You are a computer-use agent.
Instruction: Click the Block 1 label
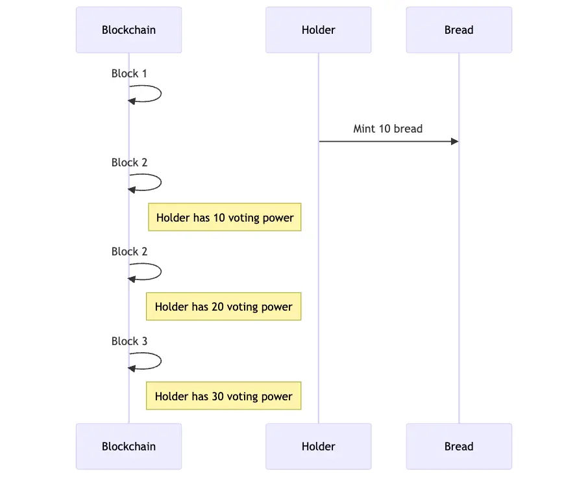tap(129, 73)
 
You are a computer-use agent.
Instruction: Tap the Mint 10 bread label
tap(387, 129)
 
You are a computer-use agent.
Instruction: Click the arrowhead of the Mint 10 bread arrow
tap(454, 141)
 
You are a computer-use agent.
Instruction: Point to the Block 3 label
tap(129, 341)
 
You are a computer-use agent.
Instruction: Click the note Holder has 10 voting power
tap(225, 218)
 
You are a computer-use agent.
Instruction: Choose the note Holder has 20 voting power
tap(223, 307)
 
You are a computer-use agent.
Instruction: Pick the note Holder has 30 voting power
tap(223, 396)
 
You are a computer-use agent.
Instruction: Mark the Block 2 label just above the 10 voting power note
tap(129, 162)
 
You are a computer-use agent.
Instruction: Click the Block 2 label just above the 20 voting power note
tap(129, 251)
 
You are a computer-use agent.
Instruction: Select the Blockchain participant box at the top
tap(129, 30)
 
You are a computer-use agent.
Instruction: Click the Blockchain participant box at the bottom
tap(129, 446)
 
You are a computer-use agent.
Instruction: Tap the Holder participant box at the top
tap(318, 30)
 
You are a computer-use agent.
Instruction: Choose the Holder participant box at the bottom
tap(318, 446)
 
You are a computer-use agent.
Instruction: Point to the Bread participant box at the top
tap(459, 30)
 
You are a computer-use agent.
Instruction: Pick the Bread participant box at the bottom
tap(459, 446)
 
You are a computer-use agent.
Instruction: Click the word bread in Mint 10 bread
tap(408, 129)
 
